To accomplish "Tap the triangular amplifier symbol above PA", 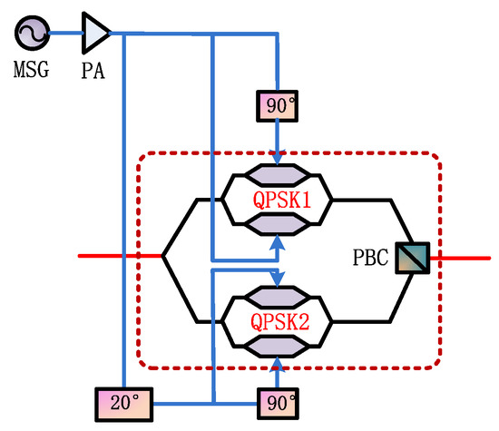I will pos(95,33).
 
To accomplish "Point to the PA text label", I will pos(93,68).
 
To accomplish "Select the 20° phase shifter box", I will pos(122,399).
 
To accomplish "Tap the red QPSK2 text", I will pos(279,320).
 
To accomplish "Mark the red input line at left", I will pos(118,257).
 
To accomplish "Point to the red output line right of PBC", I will pos(463,257).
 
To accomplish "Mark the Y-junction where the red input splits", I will pos(163,257).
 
